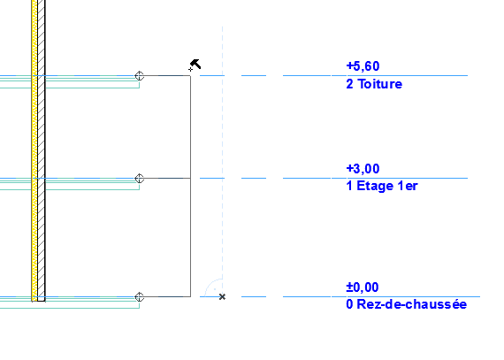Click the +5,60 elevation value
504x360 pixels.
point(363,66)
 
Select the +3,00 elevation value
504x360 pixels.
point(363,169)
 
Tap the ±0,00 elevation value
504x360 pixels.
point(363,287)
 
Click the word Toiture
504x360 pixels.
point(380,84)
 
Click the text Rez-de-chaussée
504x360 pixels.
point(412,304)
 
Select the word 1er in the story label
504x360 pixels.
point(408,187)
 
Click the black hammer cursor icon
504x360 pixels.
point(195,65)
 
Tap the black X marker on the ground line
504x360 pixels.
point(222,296)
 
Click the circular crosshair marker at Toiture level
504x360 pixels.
point(139,76)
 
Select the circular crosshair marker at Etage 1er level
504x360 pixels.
point(139,179)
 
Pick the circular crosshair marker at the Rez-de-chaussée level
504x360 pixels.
point(139,297)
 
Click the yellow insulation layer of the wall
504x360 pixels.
point(34,150)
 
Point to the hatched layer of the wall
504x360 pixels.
point(42,150)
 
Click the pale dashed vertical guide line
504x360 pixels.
point(222,161)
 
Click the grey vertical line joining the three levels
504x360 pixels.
point(191,186)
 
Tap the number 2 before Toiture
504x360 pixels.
point(350,84)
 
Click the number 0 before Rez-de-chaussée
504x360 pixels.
point(350,304)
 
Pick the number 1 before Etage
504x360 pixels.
point(349,187)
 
